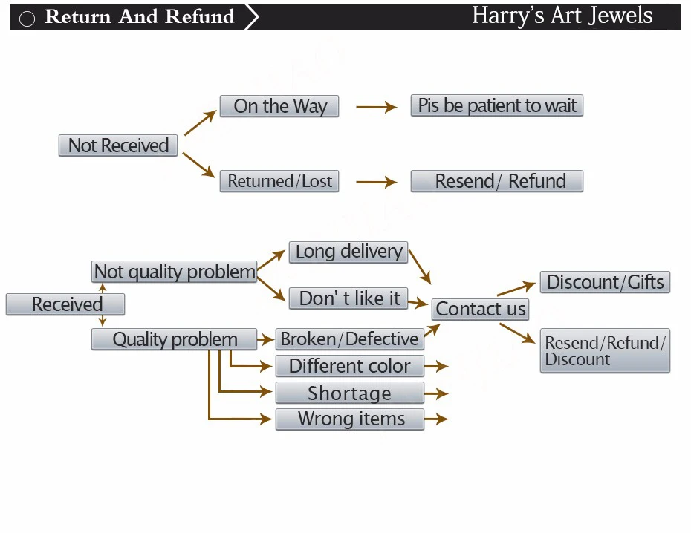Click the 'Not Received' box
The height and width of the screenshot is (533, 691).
118,145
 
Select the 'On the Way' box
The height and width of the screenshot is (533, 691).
279,106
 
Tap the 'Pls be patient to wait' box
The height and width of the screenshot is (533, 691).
496,105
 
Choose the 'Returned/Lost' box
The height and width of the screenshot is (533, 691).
279,181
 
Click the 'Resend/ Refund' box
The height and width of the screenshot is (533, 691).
496,181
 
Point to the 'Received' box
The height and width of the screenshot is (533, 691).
65,304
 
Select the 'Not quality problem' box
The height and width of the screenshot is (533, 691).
175,272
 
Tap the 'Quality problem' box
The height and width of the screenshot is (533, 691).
174,339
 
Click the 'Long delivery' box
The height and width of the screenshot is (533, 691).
348,252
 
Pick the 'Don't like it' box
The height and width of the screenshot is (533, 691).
348,298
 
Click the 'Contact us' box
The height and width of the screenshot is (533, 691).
480,309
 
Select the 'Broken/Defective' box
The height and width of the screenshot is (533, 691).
350,339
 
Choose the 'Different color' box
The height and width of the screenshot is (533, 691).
350,366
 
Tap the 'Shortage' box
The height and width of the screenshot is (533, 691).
350,393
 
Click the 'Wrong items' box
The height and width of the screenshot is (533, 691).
350,419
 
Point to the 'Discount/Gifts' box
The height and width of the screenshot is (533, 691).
605,282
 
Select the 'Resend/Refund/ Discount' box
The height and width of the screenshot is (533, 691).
605,351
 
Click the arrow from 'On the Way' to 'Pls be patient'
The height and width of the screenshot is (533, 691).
377,107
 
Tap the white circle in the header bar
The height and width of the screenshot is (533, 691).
27,19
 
